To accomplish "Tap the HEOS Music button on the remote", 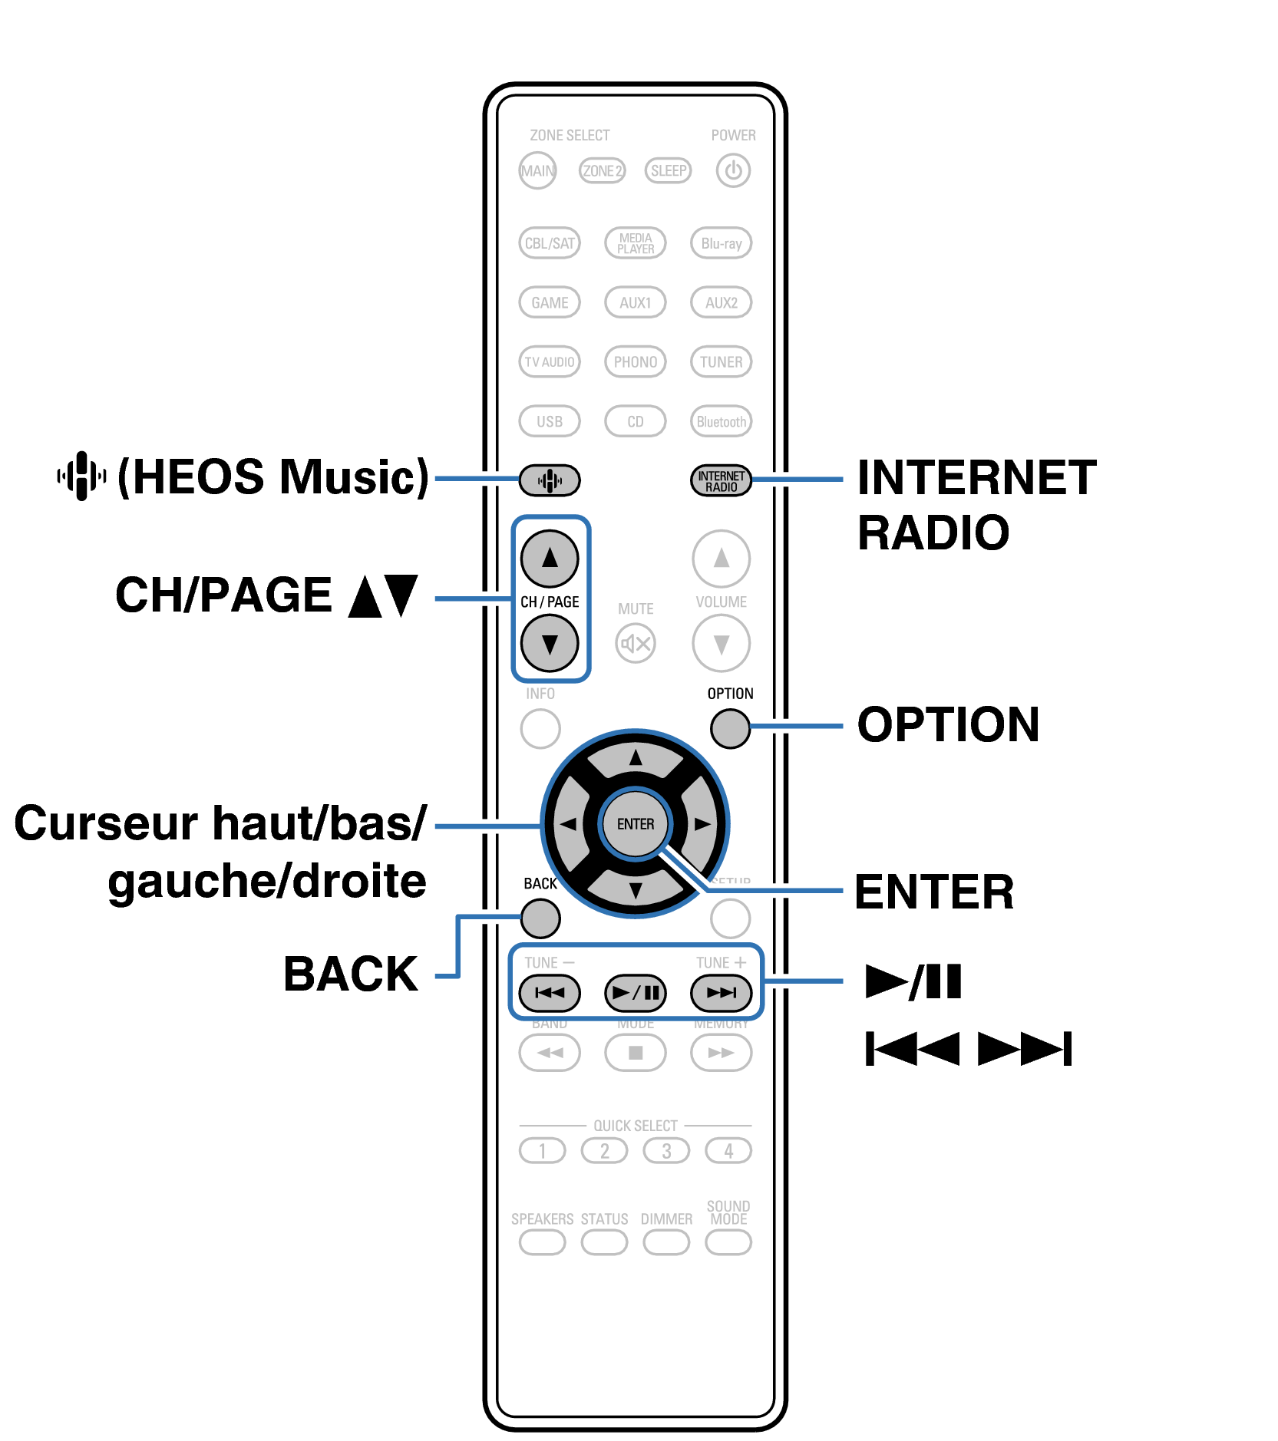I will [x=549, y=480].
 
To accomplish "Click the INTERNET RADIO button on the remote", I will [x=721, y=480].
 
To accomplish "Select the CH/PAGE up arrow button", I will [x=550, y=558].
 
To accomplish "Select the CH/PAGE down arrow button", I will [x=550, y=643].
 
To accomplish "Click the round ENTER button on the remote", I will [x=636, y=823].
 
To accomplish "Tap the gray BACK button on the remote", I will [x=540, y=918].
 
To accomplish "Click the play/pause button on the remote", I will [x=636, y=992].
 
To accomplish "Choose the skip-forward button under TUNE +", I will [x=721, y=992].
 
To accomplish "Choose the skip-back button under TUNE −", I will [x=550, y=992].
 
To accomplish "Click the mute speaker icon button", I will [x=636, y=643].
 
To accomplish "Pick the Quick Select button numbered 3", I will [x=666, y=1151].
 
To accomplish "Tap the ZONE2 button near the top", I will [x=602, y=170].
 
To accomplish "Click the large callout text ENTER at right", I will [x=934, y=892].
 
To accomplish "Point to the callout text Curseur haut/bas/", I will [x=220, y=823].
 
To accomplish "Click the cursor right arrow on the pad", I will [x=702, y=823].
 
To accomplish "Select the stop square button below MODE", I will [x=636, y=1052].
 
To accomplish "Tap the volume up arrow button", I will [x=721, y=558].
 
